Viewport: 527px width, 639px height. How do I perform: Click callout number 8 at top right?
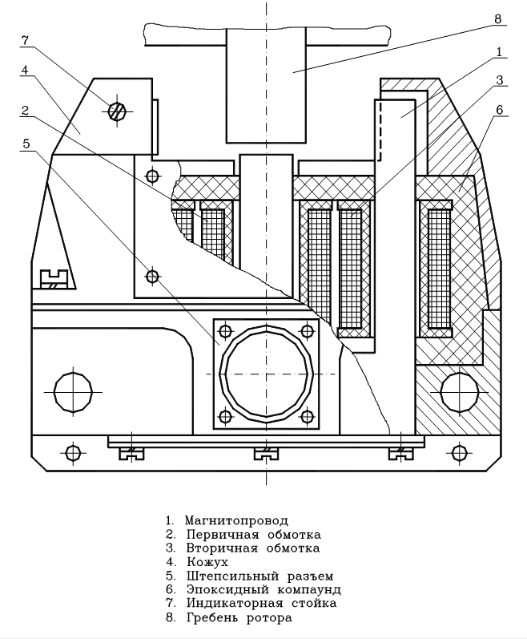[497, 18]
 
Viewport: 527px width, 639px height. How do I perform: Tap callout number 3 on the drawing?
[497, 79]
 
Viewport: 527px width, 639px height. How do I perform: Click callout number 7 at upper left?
[26, 38]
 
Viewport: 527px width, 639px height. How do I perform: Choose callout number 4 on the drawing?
[26, 70]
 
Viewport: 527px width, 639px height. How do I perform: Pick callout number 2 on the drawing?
[26, 110]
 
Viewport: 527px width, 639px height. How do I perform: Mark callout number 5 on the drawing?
[26, 144]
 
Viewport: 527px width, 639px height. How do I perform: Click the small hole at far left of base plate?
[74, 453]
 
